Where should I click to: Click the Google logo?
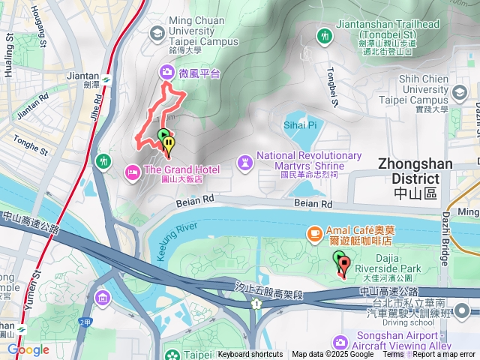click(28, 349)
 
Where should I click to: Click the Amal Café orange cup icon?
click(313, 234)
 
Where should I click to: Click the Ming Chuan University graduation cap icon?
click(157, 33)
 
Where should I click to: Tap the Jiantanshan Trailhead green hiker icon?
click(324, 35)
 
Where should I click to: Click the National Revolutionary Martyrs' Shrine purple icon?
click(244, 162)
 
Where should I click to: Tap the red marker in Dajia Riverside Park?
click(344, 264)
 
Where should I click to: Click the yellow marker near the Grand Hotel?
click(170, 142)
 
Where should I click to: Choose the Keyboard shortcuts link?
click(250, 355)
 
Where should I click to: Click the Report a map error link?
click(445, 355)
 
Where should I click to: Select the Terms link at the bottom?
click(393, 355)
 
